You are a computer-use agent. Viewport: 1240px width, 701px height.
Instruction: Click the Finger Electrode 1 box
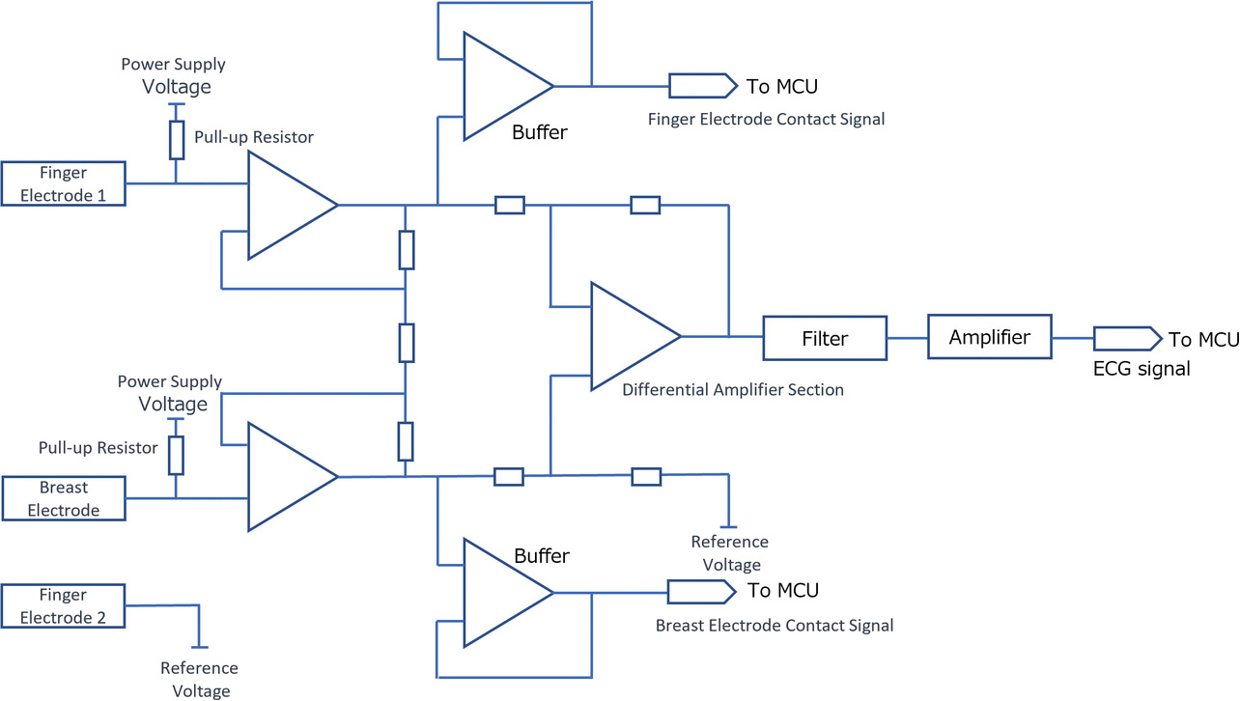point(64,183)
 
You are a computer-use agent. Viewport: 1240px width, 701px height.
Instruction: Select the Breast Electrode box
point(64,498)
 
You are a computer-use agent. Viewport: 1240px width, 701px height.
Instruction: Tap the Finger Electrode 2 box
point(64,605)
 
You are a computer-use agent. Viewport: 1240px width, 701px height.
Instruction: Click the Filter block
point(824,339)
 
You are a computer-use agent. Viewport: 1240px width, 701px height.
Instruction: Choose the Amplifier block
point(989,337)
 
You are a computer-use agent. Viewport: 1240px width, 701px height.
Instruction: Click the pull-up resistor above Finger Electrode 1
point(176,139)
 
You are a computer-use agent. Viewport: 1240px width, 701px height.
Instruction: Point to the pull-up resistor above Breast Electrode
point(176,455)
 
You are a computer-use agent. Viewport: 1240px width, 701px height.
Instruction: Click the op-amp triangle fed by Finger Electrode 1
point(287,205)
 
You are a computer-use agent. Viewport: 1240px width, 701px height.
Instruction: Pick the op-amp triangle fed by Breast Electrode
point(287,476)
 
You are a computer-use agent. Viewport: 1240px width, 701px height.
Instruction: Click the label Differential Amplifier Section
point(733,390)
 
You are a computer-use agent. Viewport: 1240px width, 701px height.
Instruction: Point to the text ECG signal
point(1142,368)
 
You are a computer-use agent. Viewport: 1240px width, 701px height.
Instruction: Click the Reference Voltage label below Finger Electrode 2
point(199,679)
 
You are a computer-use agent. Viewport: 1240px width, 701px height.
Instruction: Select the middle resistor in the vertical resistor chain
point(407,342)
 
